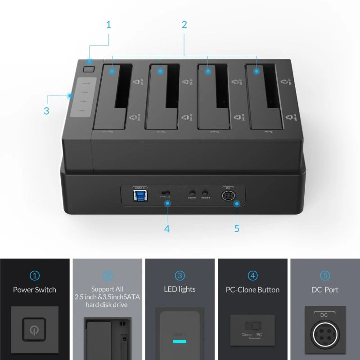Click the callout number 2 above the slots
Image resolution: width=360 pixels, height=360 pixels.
click(x=184, y=24)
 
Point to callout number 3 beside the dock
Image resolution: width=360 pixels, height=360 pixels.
click(x=46, y=110)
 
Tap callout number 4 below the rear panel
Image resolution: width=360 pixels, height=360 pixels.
click(x=167, y=228)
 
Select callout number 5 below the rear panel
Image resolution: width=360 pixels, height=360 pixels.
click(x=237, y=228)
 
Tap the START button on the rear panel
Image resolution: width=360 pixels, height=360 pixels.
click(x=193, y=192)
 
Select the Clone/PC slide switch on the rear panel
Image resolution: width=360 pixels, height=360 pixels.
click(x=166, y=193)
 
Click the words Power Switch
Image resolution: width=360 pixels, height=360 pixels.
click(x=35, y=290)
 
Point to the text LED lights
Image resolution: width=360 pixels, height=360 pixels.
click(x=180, y=290)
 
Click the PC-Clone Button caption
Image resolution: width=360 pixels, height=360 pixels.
click(x=252, y=290)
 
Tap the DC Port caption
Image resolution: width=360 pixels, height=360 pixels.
click(x=325, y=290)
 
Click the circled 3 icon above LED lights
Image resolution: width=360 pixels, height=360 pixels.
click(x=180, y=275)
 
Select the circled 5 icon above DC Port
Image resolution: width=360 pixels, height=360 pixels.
click(x=325, y=275)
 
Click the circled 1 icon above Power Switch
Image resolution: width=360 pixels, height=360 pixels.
click(x=35, y=275)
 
